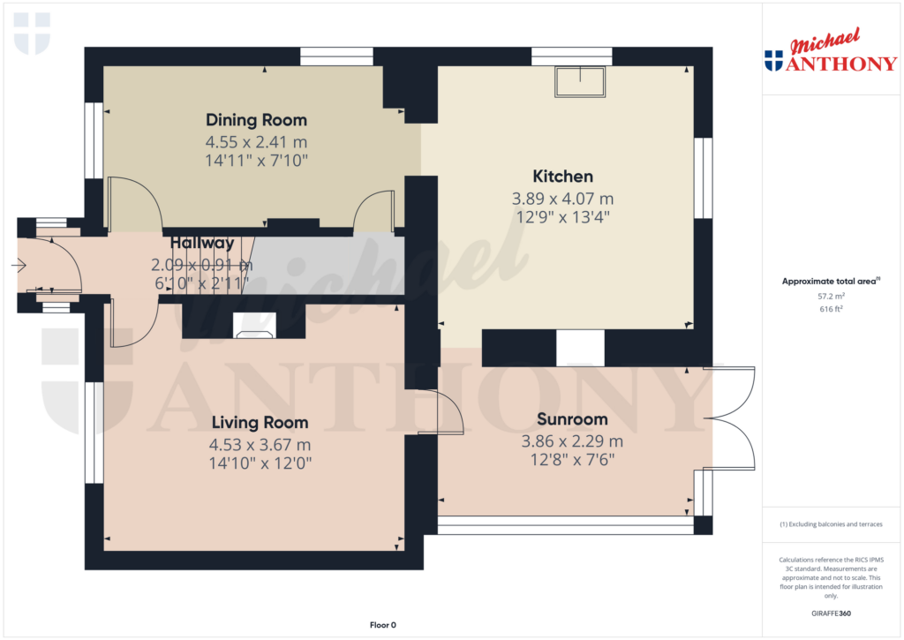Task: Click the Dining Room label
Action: pyautogui.click(x=256, y=120)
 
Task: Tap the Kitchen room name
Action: pyautogui.click(x=562, y=177)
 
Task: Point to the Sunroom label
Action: pyautogui.click(x=572, y=419)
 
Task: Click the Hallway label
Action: pyautogui.click(x=202, y=243)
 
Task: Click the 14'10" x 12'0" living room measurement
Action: pyautogui.click(x=259, y=462)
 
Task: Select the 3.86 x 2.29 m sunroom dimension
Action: pyautogui.click(x=572, y=441)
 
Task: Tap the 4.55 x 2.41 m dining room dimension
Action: pyautogui.click(x=256, y=141)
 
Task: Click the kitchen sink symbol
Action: pyautogui.click(x=580, y=81)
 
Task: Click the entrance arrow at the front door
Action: pyautogui.click(x=19, y=264)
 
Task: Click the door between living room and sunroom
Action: pyautogui.click(x=450, y=411)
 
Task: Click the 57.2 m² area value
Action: pyautogui.click(x=831, y=297)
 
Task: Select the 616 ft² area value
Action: pyautogui.click(x=831, y=310)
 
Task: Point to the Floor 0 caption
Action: pyautogui.click(x=382, y=625)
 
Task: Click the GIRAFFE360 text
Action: pyautogui.click(x=831, y=613)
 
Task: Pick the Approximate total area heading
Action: pyautogui.click(x=830, y=281)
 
